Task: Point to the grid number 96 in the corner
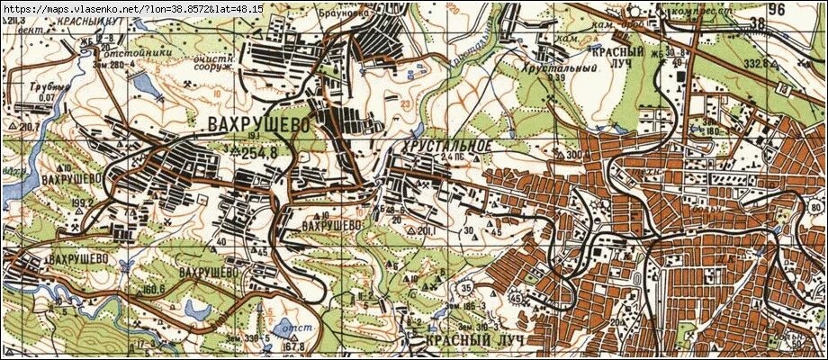pyautogui.click(x=777, y=10)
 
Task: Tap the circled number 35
pyautogui.click(x=464, y=288)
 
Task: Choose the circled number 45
pyautogui.click(x=515, y=296)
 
